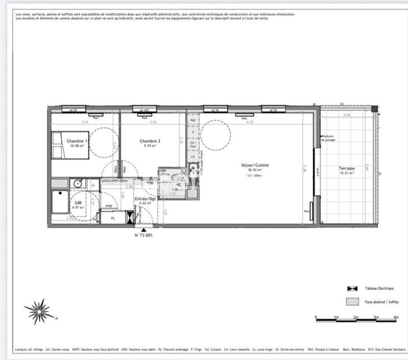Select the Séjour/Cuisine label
(x=255, y=165)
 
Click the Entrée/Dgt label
(x=146, y=198)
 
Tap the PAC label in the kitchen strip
(x=193, y=120)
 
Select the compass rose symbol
(x=37, y=311)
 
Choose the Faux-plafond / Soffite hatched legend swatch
(x=352, y=302)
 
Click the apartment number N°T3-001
(x=143, y=236)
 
